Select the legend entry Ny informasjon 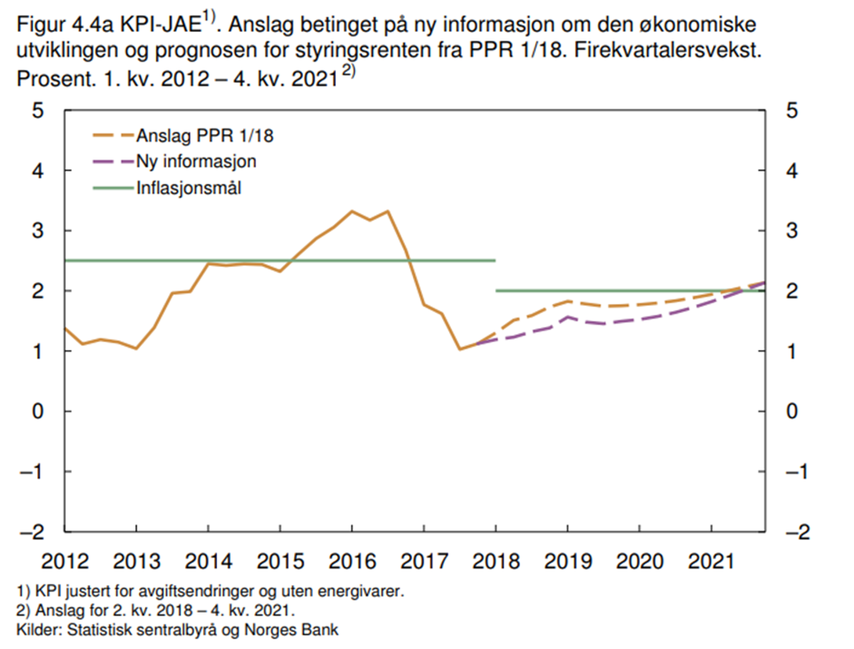(196, 162)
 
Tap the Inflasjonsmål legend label (188, 189)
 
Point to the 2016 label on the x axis (352, 561)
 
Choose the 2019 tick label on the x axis (567, 561)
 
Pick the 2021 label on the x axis (711, 561)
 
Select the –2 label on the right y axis (799, 532)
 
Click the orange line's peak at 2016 (352, 211)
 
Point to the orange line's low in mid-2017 (460, 349)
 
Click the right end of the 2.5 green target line (495, 260)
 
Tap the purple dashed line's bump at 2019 (567, 317)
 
